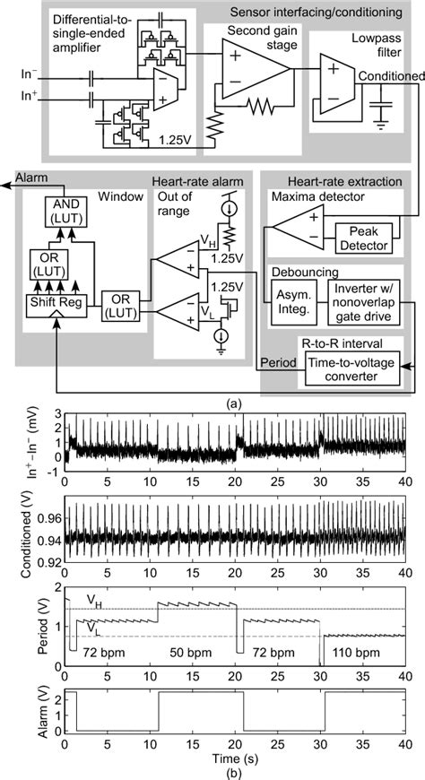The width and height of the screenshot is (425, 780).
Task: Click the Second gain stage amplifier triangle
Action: pos(253,70)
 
